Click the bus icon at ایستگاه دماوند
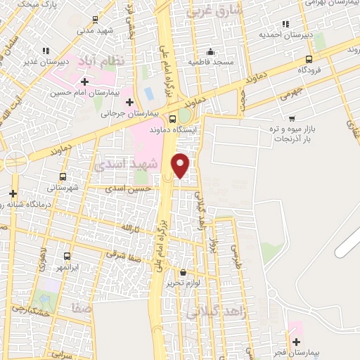pyautogui.click(x=173, y=118)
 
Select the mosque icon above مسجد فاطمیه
pyautogui.click(x=210, y=51)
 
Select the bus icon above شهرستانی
pyautogui.click(x=63, y=176)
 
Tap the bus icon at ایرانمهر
pyautogui.click(x=67, y=257)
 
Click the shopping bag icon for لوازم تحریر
pyautogui.click(x=183, y=272)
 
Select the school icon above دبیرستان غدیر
pyautogui.click(x=46, y=51)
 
